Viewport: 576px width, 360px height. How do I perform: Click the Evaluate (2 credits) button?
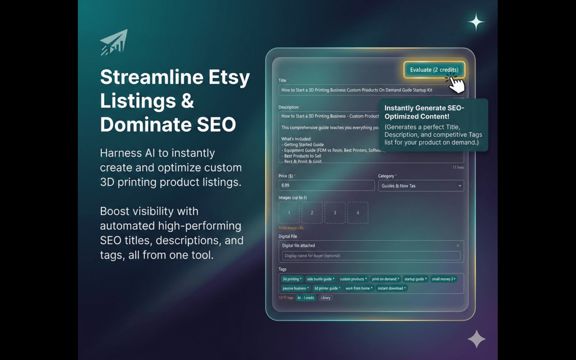pos(434,70)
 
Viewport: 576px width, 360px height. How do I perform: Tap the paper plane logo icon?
pos(114,42)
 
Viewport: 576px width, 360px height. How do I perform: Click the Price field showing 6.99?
pos(326,185)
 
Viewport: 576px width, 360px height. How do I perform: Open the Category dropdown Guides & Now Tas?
pos(421,185)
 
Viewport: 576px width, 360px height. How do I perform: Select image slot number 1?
pos(289,213)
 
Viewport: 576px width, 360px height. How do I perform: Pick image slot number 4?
pos(358,213)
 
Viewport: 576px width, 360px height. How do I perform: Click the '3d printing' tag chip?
pos(292,279)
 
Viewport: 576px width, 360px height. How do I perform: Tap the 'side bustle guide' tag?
pos(320,279)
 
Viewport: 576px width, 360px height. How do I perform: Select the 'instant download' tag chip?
pos(391,288)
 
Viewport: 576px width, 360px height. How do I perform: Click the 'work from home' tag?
pos(359,288)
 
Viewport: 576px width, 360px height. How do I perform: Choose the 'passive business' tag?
pos(296,288)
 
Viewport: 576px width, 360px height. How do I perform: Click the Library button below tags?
pos(325,297)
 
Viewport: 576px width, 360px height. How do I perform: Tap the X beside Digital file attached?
pos(458,246)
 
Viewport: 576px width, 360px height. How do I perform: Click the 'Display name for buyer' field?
pos(371,256)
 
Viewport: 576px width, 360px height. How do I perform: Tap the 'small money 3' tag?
pos(443,279)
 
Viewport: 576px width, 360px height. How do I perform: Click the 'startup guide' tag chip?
pos(415,279)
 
